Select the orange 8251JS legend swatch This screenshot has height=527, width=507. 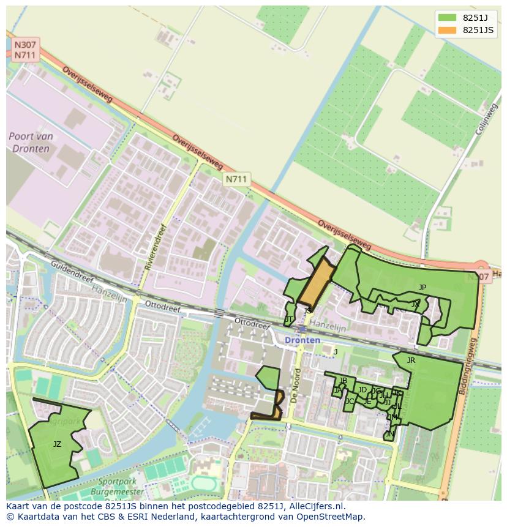(448, 30)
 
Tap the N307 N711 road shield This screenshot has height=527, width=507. (24, 50)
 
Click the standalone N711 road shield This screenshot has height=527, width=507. (236, 179)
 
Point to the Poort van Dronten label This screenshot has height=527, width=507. (31, 143)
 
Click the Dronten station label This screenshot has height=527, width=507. (302, 340)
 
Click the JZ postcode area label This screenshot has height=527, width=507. (57, 444)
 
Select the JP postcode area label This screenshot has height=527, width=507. (423, 287)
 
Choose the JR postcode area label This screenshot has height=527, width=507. (411, 361)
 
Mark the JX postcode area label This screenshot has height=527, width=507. (416, 304)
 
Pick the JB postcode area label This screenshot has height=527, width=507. (343, 381)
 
